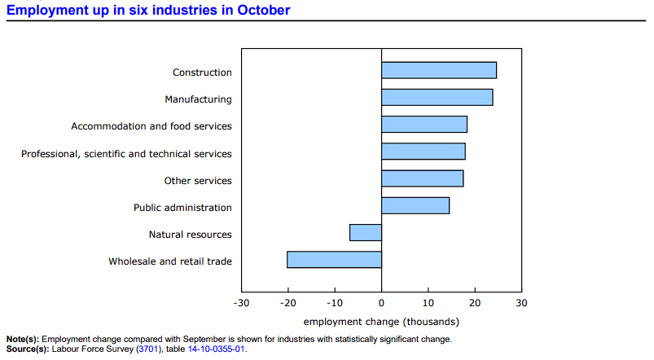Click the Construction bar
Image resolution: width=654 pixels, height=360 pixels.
click(x=439, y=70)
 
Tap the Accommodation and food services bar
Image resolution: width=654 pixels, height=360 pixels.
click(x=424, y=125)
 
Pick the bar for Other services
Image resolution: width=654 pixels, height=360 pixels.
click(x=423, y=178)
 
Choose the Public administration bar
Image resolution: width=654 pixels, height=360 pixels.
click(x=415, y=205)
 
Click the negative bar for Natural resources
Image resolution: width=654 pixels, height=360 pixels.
click(x=366, y=233)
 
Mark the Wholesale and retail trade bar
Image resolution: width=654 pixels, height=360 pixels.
click(x=335, y=260)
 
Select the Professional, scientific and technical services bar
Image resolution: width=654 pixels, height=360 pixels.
click(x=424, y=151)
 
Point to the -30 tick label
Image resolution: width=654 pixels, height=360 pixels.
click(x=241, y=303)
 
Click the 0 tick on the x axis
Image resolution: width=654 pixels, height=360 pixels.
click(x=382, y=303)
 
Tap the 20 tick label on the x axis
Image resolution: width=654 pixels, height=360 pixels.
click(x=475, y=303)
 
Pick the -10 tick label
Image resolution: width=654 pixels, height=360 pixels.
click(x=335, y=303)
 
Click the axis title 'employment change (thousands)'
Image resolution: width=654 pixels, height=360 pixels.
click(x=381, y=321)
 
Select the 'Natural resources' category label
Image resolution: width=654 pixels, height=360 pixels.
click(x=190, y=235)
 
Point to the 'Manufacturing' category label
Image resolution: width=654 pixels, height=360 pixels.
click(x=198, y=99)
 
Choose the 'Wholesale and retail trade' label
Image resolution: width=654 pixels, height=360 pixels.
click(x=170, y=261)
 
